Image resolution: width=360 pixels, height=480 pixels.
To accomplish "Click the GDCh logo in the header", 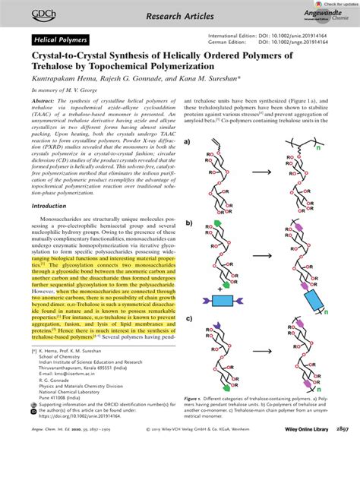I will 26,13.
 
